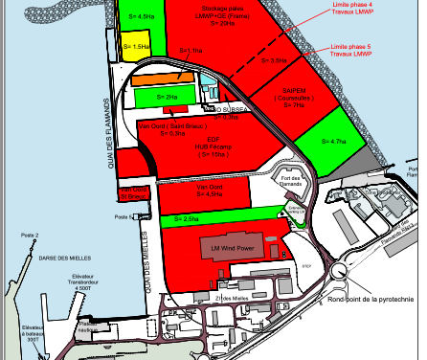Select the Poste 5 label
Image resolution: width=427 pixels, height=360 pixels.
[x=123, y=217]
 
